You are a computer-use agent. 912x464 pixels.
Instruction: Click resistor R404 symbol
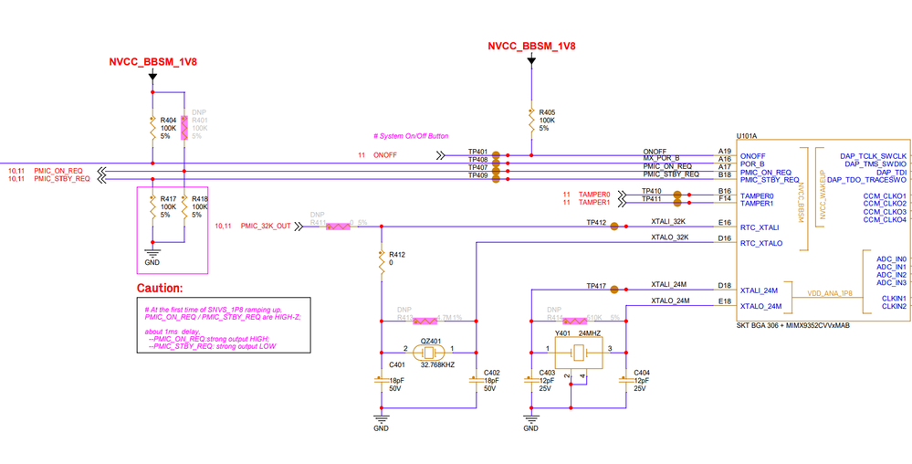coord(152,129)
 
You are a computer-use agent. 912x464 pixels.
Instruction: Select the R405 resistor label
coord(547,111)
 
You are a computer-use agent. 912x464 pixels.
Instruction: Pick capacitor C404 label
coord(642,373)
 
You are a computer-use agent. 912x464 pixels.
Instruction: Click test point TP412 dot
coord(614,227)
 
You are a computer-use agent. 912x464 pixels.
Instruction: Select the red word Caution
coord(161,288)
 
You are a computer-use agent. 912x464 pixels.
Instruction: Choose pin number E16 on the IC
coord(725,222)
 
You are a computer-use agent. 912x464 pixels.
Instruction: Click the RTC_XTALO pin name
coord(760,244)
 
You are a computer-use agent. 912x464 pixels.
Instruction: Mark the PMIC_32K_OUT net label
coord(266,226)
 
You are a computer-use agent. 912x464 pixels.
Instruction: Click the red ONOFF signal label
coord(385,155)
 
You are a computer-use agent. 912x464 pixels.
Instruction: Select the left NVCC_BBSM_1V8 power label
coord(153,63)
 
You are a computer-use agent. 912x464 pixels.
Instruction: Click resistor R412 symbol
coord(381,261)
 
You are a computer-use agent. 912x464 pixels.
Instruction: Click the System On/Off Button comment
coord(411,136)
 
